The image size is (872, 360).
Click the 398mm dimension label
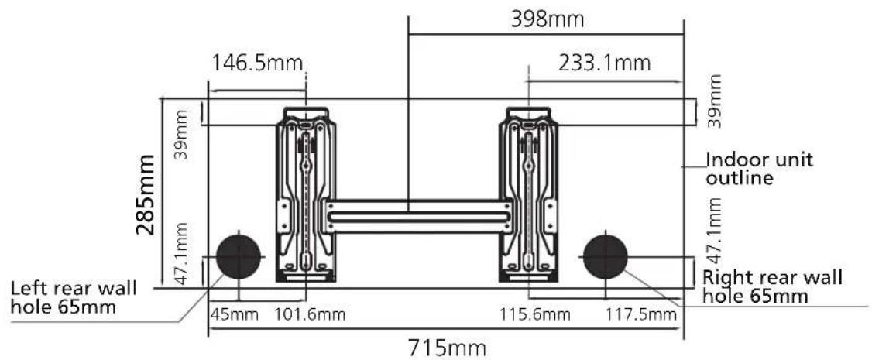[x=548, y=20]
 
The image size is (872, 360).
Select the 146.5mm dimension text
[x=257, y=63]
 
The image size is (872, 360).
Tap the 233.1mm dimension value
[x=604, y=63]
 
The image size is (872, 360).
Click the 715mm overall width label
[x=447, y=348]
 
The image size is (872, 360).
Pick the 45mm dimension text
[x=235, y=315]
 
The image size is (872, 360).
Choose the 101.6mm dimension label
[x=310, y=315]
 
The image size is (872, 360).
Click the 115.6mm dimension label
[x=535, y=315]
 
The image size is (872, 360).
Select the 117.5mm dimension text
[x=640, y=315]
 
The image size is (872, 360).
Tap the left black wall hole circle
[x=239, y=256]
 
